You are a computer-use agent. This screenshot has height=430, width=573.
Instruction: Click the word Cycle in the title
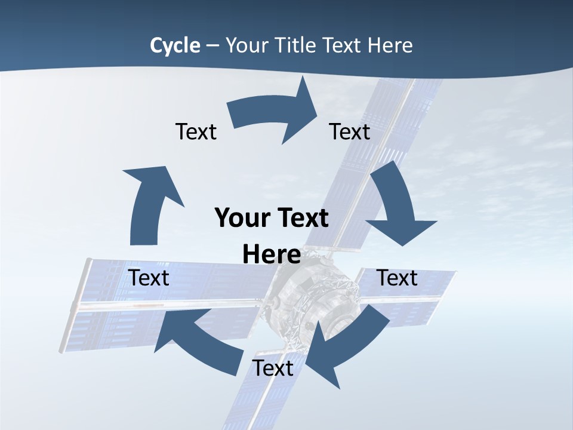175,45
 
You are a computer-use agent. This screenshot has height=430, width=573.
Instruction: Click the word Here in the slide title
390,45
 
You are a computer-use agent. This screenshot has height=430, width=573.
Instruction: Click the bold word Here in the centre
272,255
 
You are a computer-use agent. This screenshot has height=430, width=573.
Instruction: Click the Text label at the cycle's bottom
273,368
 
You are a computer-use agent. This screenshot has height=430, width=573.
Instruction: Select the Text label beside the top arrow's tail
196,132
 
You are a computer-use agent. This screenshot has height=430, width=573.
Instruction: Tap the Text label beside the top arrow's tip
350,132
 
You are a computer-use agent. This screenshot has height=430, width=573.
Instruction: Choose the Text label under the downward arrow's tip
397,278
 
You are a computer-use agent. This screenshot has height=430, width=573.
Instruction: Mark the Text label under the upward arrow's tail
149,278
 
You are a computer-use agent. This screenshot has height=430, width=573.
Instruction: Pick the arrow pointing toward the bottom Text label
346,340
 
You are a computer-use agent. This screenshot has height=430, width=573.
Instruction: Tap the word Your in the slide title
249,45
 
